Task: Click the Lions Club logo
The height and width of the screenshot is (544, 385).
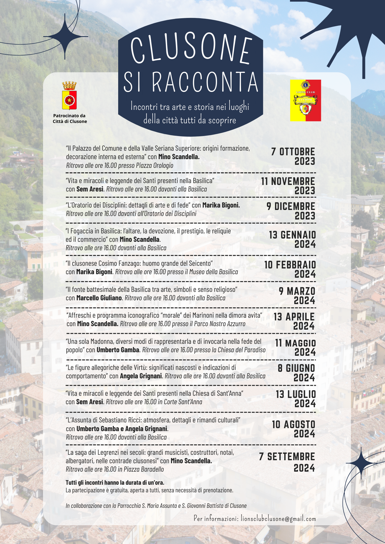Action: (x=305, y=100)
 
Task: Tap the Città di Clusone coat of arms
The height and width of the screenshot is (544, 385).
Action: (x=69, y=96)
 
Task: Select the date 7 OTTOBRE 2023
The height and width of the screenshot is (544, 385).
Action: (x=293, y=156)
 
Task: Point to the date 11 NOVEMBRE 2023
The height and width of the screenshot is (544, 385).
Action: (x=288, y=186)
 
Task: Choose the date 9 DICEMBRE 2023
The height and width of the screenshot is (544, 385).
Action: (x=291, y=211)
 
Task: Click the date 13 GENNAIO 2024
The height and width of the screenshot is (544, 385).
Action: (x=292, y=239)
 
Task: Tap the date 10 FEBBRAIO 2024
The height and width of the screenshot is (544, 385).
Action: (x=290, y=269)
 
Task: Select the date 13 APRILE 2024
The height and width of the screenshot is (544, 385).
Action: (x=294, y=321)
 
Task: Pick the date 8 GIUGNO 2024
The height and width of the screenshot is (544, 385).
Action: (x=296, y=373)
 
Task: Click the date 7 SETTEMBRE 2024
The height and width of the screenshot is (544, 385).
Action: (x=287, y=462)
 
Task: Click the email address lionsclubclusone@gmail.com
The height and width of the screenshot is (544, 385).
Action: (x=278, y=518)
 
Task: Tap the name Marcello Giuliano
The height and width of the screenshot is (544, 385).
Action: (x=99, y=298)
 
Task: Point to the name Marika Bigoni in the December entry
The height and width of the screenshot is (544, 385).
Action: (x=221, y=205)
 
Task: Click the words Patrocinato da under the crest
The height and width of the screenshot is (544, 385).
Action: (x=69, y=116)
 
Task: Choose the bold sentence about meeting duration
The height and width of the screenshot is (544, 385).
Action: (x=115, y=483)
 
